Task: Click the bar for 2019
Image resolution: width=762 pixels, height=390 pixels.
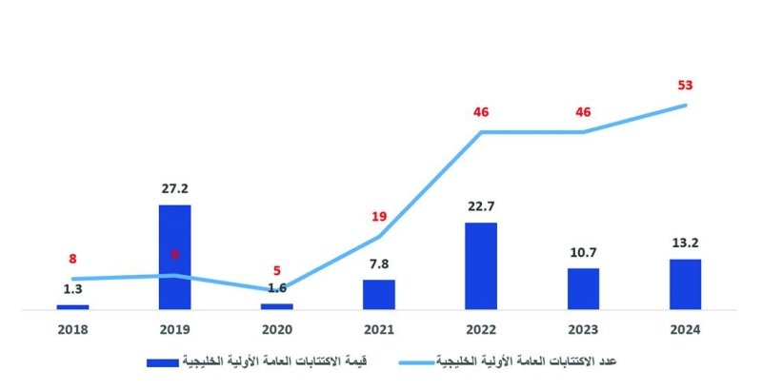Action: click(174, 257)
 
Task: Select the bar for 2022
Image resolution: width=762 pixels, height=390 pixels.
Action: click(481, 265)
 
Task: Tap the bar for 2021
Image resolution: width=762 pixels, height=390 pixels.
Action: click(379, 294)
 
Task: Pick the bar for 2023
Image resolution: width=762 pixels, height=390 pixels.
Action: click(583, 288)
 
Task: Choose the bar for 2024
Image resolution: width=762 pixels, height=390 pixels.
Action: click(685, 283)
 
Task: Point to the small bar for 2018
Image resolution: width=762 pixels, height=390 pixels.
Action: click(72, 306)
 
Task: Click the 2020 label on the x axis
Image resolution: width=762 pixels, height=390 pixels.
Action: click(277, 329)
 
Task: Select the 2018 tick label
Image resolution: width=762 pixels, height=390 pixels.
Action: click(72, 329)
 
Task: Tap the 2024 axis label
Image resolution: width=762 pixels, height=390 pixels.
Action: click(685, 329)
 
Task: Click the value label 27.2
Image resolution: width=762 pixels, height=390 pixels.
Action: click(174, 189)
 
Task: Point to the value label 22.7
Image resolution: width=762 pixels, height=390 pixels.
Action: click(481, 207)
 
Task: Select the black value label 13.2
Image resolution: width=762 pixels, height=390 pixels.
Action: click(685, 244)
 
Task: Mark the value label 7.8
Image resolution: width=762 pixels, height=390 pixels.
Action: click(379, 264)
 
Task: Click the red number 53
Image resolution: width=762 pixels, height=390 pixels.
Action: click(685, 85)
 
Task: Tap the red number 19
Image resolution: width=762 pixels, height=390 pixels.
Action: click(379, 216)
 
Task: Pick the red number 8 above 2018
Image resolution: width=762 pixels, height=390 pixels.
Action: click(72, 258)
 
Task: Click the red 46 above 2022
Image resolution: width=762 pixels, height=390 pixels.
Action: click(481, 112)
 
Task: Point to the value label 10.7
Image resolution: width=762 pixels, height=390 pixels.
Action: click(583, 253)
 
